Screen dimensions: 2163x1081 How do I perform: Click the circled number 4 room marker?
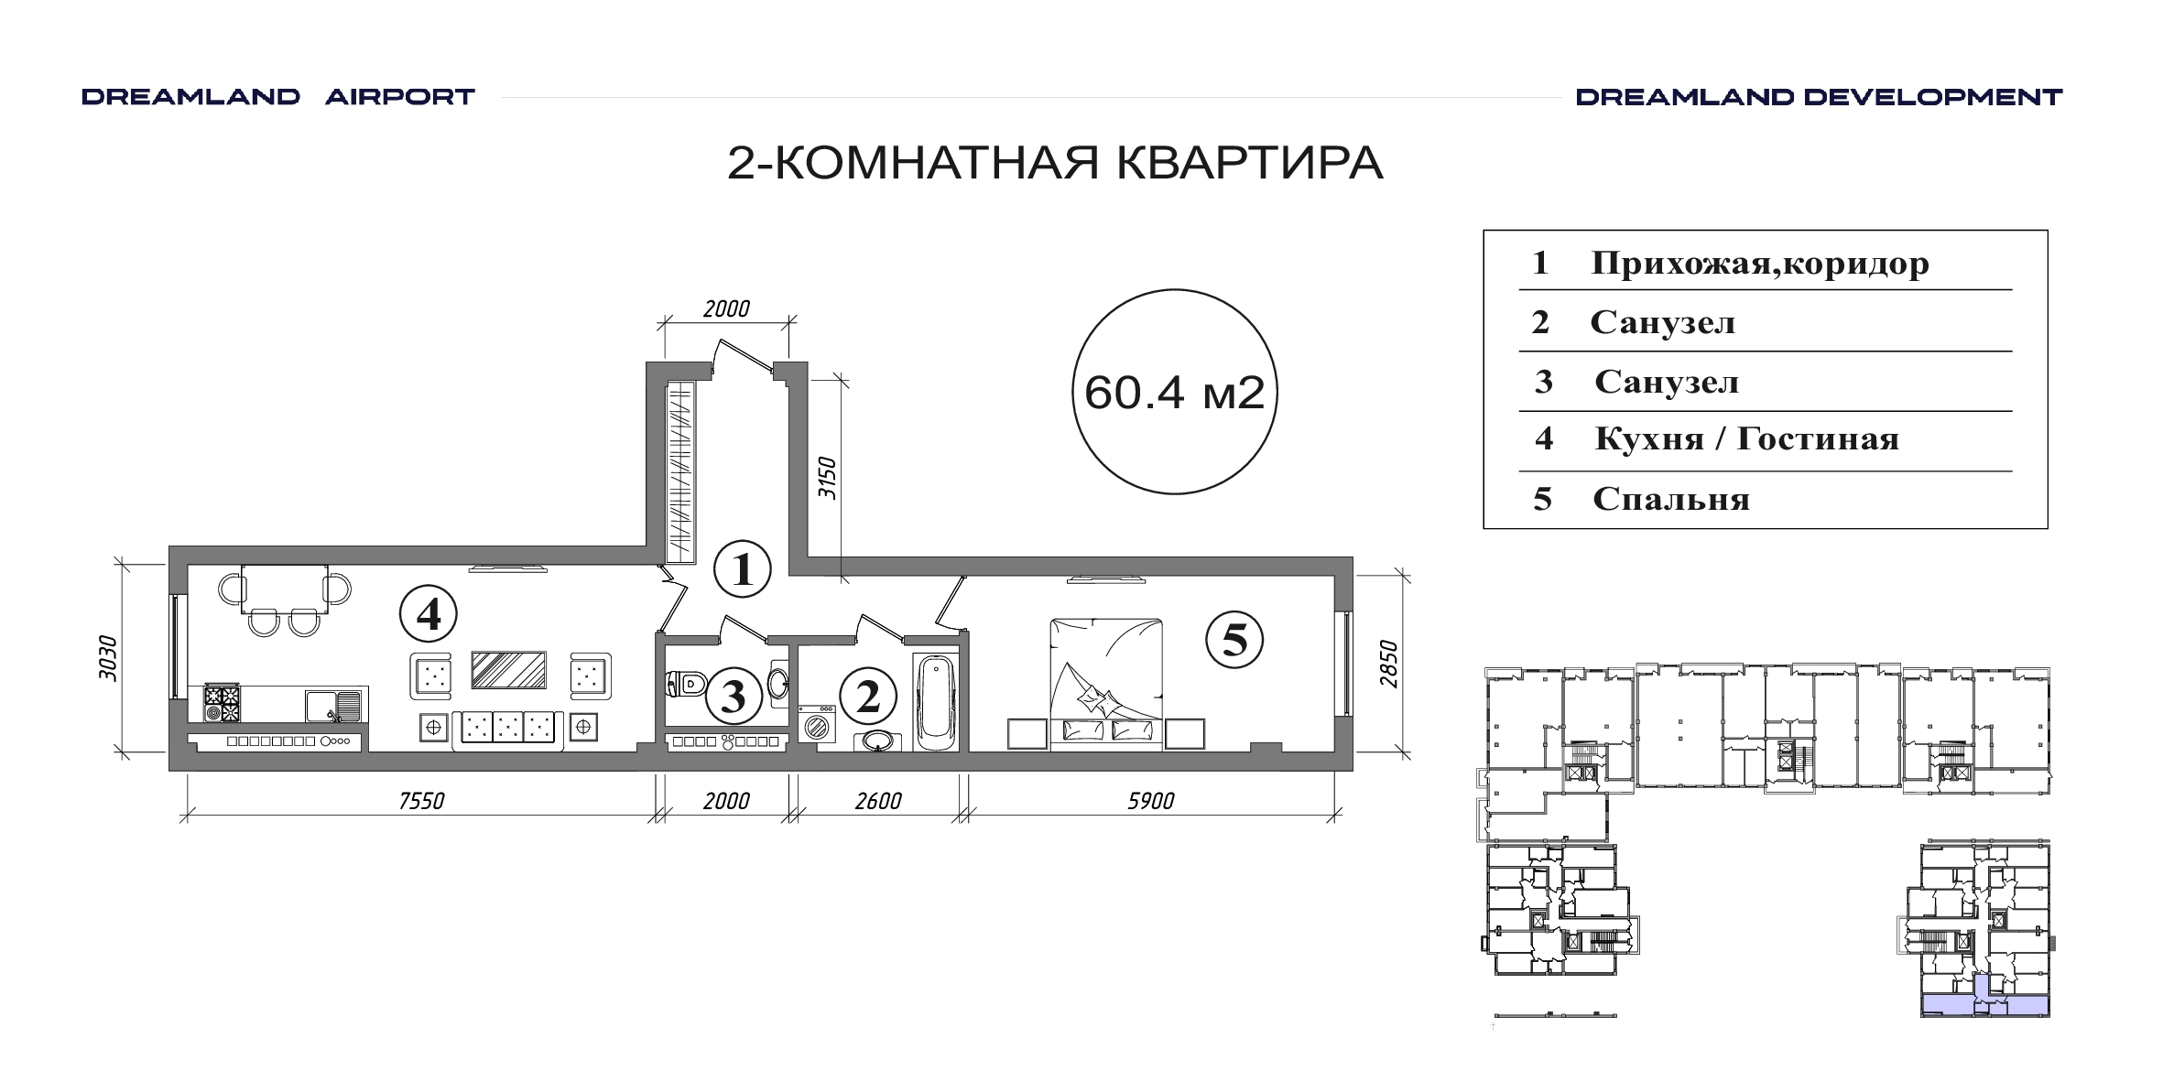(x=429, y=613)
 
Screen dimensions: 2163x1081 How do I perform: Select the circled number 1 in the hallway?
(x=743, y=569)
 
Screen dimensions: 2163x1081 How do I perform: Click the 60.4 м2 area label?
(x=1175, y=393)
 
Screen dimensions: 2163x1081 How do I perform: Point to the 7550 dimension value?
(x=421, y=801)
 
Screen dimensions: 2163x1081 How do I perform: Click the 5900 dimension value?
(x=1150, y=801)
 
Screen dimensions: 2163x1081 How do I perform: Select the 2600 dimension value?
(x=878, y=801)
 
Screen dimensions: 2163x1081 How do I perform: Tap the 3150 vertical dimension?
(x=827, y=477)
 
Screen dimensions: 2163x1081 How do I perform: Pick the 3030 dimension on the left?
(x=108, y=658)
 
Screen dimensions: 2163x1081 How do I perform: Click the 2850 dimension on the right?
(x=1389, y=665)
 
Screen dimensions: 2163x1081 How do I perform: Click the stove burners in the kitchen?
(x=223, y=704)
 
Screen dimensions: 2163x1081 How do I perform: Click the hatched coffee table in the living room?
(x=509, y=670)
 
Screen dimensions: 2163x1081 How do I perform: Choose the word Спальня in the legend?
(x=1671, y=500)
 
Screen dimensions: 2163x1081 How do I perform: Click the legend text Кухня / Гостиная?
(x=1746, y=439)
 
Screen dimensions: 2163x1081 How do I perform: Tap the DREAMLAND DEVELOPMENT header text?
(x=1819, y=97)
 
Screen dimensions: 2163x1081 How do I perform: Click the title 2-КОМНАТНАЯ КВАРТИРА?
(x=1055, y=163)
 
